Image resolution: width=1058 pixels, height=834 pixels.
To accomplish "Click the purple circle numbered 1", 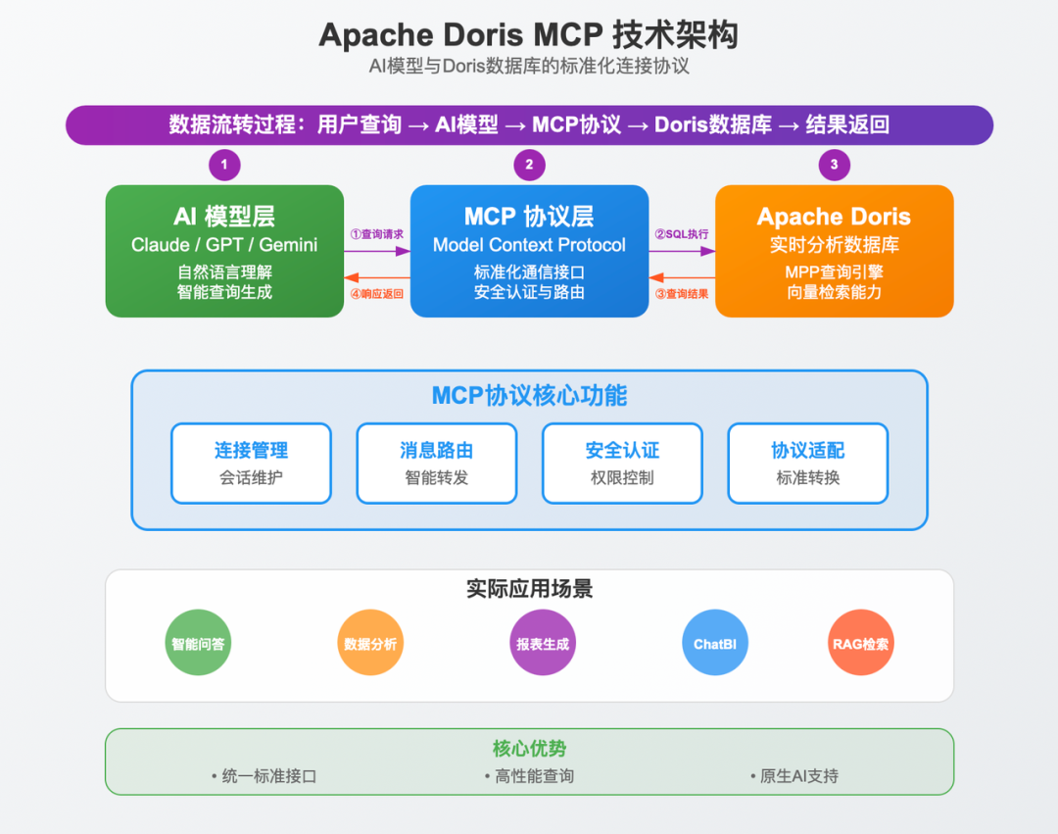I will [224, 165].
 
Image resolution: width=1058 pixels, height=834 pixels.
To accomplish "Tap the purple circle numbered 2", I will [529, 165].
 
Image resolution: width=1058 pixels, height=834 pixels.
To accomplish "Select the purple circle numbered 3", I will [834, 165].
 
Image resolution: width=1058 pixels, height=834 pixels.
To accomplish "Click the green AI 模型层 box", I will [224, 251].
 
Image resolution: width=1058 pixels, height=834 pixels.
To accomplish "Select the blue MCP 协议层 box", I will [529, 251].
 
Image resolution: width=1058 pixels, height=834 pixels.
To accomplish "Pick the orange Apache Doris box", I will [834, 251].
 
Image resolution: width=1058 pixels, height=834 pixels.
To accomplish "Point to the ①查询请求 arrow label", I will [376, 234].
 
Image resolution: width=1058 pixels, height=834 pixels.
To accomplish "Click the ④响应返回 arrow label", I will [376, 293].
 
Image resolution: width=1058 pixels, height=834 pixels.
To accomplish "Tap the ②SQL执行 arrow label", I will [681, 234].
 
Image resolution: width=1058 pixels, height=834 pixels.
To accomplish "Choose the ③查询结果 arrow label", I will [681, 293].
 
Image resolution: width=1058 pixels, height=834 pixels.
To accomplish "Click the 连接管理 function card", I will [251, 463].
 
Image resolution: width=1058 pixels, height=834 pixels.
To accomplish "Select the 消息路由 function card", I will [436, 463].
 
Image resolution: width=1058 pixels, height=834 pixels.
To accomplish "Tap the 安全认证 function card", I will [622, 463].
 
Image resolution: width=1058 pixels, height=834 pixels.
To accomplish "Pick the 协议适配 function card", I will [807, 463].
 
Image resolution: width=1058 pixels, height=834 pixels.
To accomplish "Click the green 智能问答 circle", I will [198, 644].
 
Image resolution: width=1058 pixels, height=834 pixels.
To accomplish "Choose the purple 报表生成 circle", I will [543, 644].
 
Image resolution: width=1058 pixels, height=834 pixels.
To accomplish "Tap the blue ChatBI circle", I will [714, 644].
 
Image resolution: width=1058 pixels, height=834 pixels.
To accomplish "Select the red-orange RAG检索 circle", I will [861, 644].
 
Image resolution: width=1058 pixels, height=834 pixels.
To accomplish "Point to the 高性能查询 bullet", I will [529, 776].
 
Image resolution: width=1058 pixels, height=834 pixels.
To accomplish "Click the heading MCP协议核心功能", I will [529, 396].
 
